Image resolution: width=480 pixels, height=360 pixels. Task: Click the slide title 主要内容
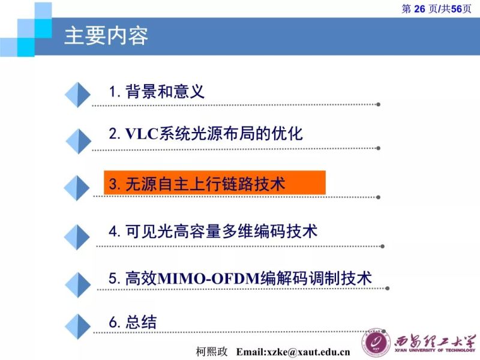(x=106, y=36)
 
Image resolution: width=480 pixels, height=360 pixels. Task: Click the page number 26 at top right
(x=419, y=8)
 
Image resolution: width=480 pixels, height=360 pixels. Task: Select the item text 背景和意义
(x=165, y=92)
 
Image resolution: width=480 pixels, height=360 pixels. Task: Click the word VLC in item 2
(x=141, y=133)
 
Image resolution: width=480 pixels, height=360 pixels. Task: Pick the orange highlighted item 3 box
(x=214, y=183)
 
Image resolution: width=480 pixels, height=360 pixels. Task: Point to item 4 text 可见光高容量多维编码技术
(x=221, y=231)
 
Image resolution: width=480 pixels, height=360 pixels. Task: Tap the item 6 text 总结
(x=142, y=322)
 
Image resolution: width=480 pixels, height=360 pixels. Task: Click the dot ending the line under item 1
(x=378, y=104)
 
